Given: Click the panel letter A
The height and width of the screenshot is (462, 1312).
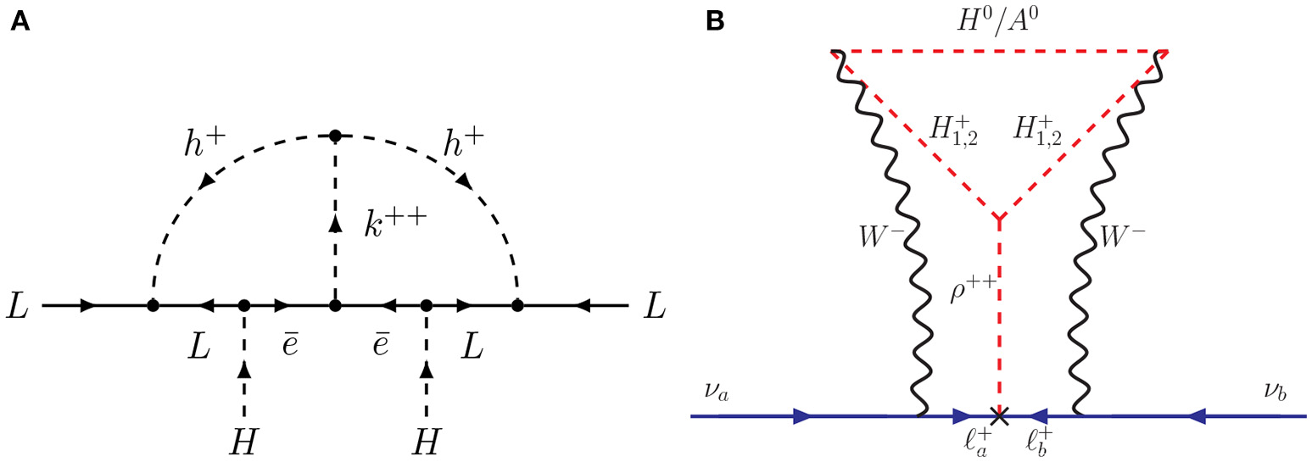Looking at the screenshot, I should (x=20, y=23).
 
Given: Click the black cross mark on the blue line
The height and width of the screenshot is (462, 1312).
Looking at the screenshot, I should (x=1001, y=416).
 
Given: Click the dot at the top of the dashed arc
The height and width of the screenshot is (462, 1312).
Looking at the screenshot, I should (x=335, y=136).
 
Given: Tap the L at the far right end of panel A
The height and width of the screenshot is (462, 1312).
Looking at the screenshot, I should (x=653, y=306).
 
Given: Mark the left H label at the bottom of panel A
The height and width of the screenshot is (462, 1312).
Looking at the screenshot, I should (x=243, y=441).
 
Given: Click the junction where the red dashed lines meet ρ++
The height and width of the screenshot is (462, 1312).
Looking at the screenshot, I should (x=1001, y=219).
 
